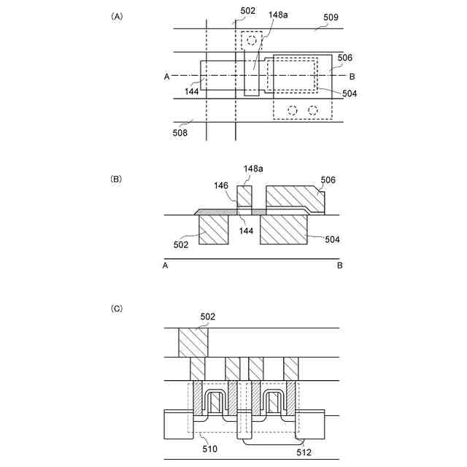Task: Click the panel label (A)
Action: coord(117,16)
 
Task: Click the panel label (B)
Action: coord(116,179)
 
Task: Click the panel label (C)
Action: coord(117,309)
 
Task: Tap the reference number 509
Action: coord(331,17)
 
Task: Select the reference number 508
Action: coord(180,133)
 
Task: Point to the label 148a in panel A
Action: coord(278,15)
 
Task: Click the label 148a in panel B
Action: coord(253,169)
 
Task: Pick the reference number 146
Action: coord(221,185)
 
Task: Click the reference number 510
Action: coord(209,449)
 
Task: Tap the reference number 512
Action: coord(304,452)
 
